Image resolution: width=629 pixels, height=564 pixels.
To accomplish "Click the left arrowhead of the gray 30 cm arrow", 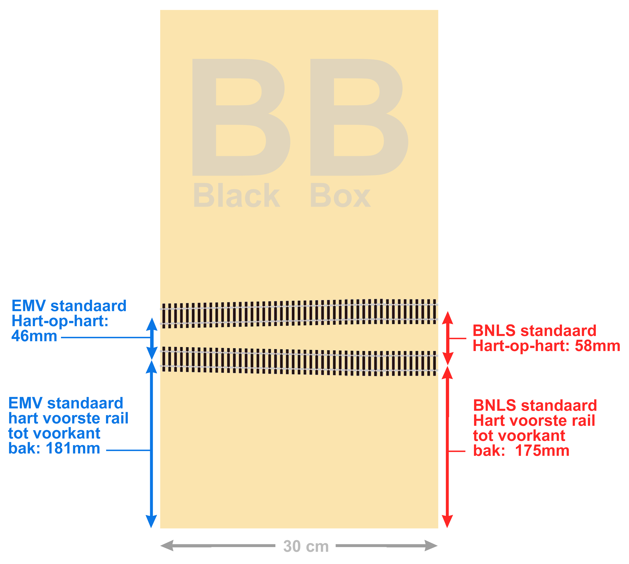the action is (x=166, y=545).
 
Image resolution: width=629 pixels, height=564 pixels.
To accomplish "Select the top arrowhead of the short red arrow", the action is (x=447, y=318).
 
